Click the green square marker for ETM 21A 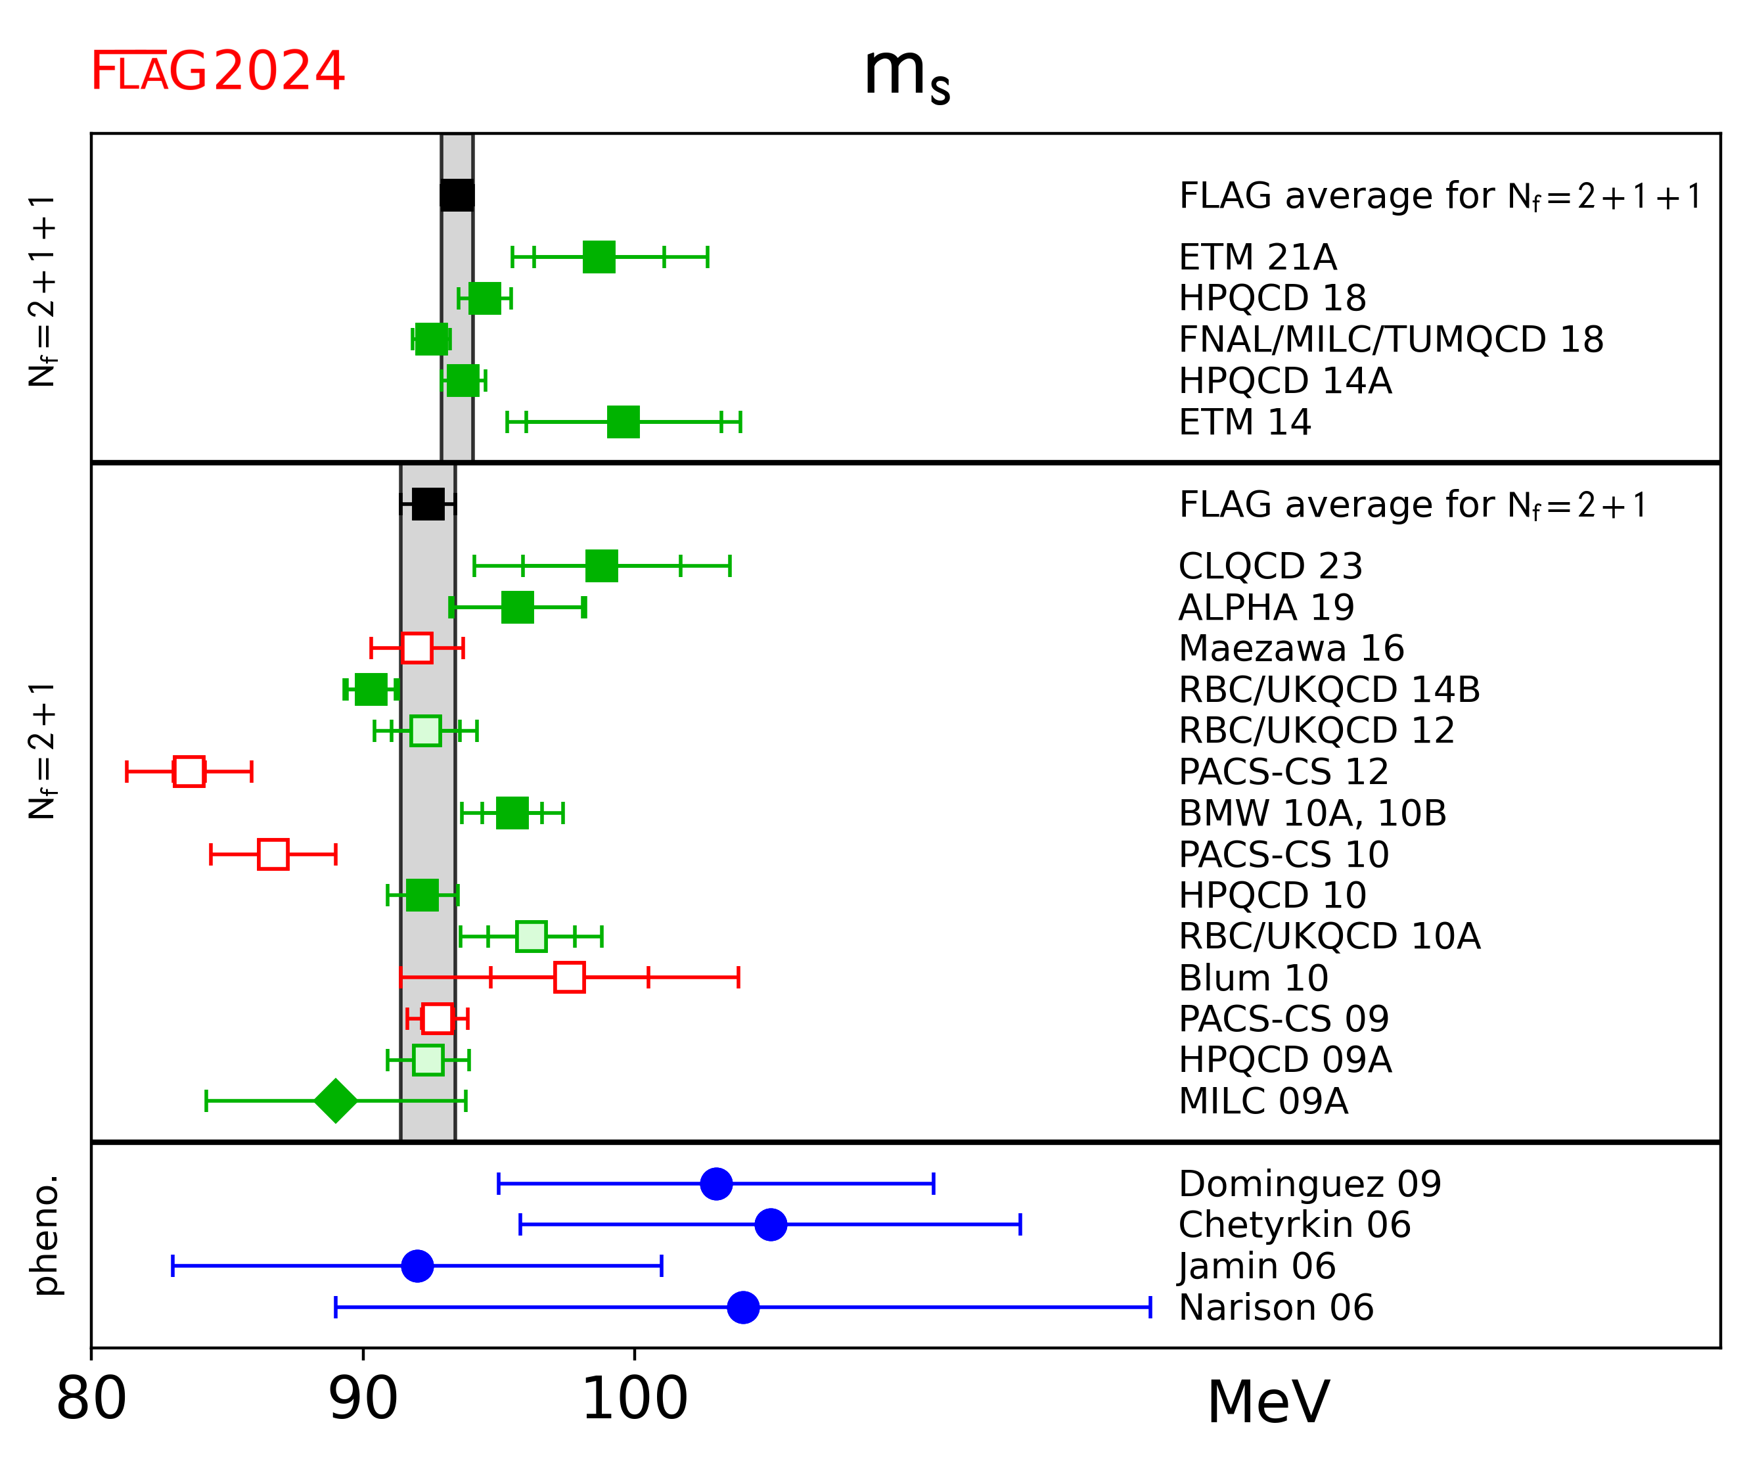(x=599, y=257)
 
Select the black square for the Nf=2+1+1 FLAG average (x=457, y=195)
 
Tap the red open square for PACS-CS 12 (x=189, y=772)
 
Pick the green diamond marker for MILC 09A (x=335, y=1101)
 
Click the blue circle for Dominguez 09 (x=716, y=1183)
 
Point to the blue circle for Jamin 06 (x=418, y=1266)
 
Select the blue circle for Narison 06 (x=743, y=1307)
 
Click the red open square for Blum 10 (x=569, y=977)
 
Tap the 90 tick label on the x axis (x=363, y=1399)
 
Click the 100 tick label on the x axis (x=635, y=1399)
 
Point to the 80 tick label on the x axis (x=91, y=1399)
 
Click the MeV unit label (x=1268, y=1403)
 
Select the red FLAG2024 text (x=218, y=72)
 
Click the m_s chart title (x=906, y=75)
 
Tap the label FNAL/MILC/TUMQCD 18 (x=1390, y=340)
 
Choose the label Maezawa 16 (x=1291, y=648)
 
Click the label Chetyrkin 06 (x=1294, y=1224)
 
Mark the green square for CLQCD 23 (x=601, y=566)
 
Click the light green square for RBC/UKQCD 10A (x=531, y=936)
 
